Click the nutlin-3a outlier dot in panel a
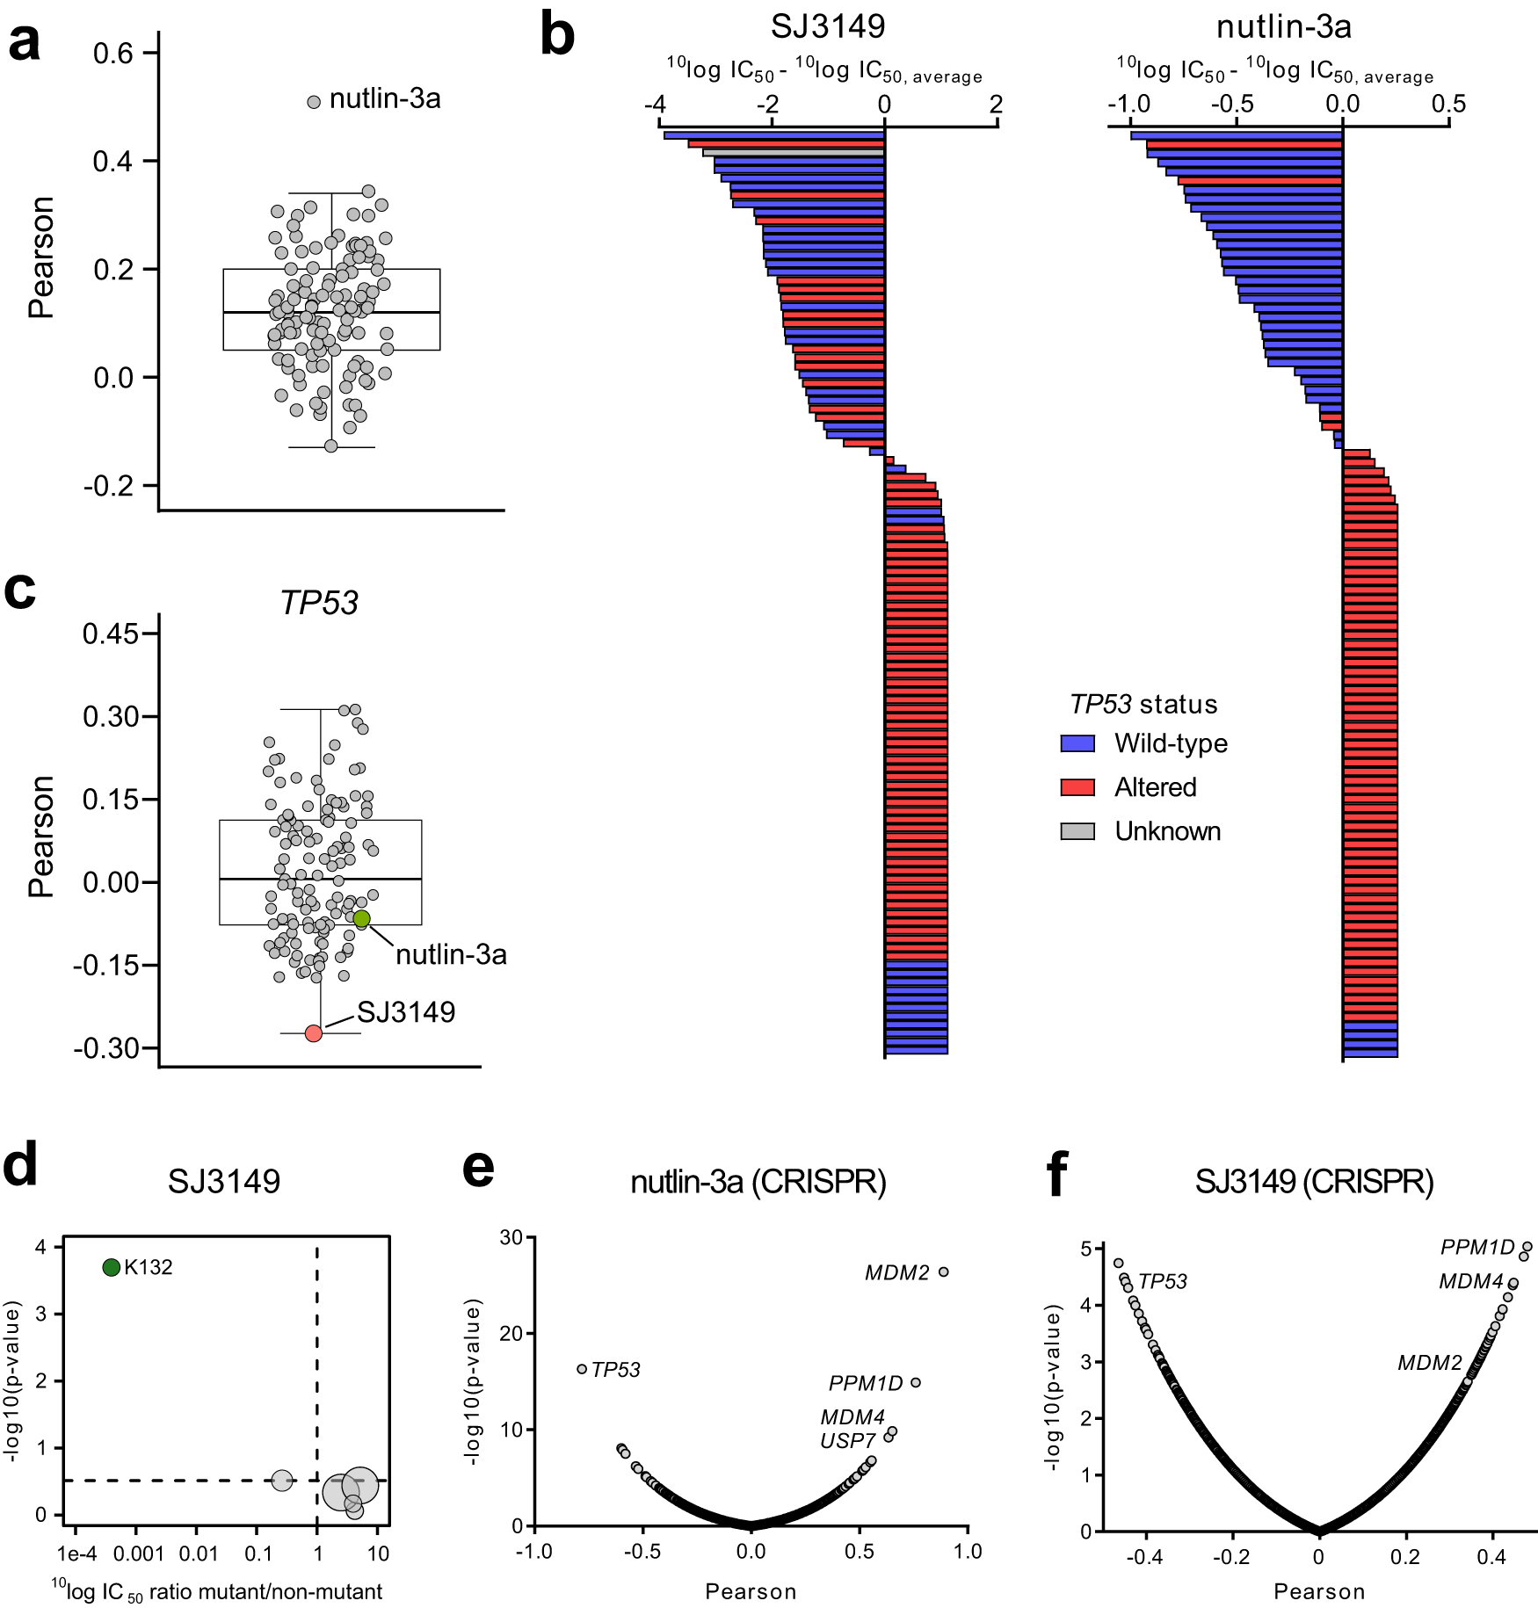(314, 102)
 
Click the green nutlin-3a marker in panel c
(361, 919)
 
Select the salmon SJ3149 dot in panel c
(314, 1033)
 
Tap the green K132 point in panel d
(112, 1267)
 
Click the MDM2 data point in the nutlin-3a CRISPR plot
(944, 1271)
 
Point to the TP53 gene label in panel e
(615, 1370)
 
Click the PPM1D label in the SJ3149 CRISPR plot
(1477, 1248)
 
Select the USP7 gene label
(847, 1441)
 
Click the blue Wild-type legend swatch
(1077, 743)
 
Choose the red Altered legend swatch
(1077, 787)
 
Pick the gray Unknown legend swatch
(1077, 831)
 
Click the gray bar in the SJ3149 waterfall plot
(793, 153)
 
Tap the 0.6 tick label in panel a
(112, 54)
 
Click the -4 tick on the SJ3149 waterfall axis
(655, 105)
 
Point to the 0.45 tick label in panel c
(111, 634)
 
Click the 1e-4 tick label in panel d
(76, 1554)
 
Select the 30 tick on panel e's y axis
(511, 1238)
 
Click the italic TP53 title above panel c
(319, 603)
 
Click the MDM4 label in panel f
(1470, 1281)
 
